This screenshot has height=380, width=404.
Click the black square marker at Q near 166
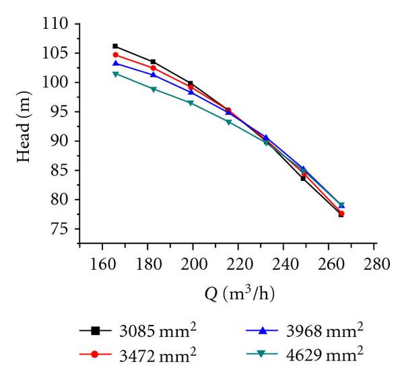coord(115,46)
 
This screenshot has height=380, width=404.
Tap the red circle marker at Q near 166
coord(115,54)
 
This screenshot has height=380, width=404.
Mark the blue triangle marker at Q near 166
coord(115,63)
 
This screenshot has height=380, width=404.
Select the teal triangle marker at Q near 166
coord(115,74)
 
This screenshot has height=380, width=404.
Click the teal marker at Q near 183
coord(154,89)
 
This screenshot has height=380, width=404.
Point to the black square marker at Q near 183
coord(154,62)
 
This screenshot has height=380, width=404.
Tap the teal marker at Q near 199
coord(191,103)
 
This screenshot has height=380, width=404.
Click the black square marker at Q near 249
coord(304,178)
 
